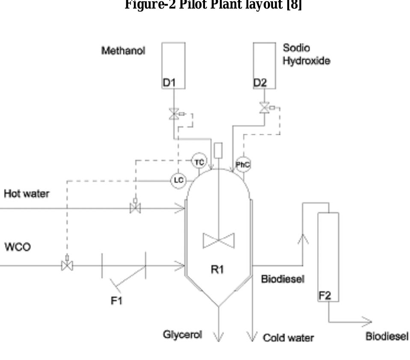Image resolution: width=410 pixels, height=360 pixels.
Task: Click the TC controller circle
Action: point(199,162)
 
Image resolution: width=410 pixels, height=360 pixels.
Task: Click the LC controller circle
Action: point(178,180)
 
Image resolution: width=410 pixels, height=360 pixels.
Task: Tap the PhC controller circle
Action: point(243,165)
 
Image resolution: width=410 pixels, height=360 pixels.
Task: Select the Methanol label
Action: point(123,50)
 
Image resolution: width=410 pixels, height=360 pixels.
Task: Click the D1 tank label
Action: point(169,83)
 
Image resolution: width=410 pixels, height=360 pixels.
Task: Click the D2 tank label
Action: point(260,83)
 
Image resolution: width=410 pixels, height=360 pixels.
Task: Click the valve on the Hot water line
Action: point(135,209)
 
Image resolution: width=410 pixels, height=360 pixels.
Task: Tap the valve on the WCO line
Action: point(67,266)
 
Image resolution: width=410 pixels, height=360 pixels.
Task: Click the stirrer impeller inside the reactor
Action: point(219,241)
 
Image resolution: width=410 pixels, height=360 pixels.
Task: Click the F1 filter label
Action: point(116,301)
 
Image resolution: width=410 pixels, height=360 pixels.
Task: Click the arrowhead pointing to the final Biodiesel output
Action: point(367,322)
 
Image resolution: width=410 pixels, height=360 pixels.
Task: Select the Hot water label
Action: point(26,194)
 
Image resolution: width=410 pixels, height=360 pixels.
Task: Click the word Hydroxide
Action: point(306,61)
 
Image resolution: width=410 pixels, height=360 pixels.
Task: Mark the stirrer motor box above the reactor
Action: point(218,150)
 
